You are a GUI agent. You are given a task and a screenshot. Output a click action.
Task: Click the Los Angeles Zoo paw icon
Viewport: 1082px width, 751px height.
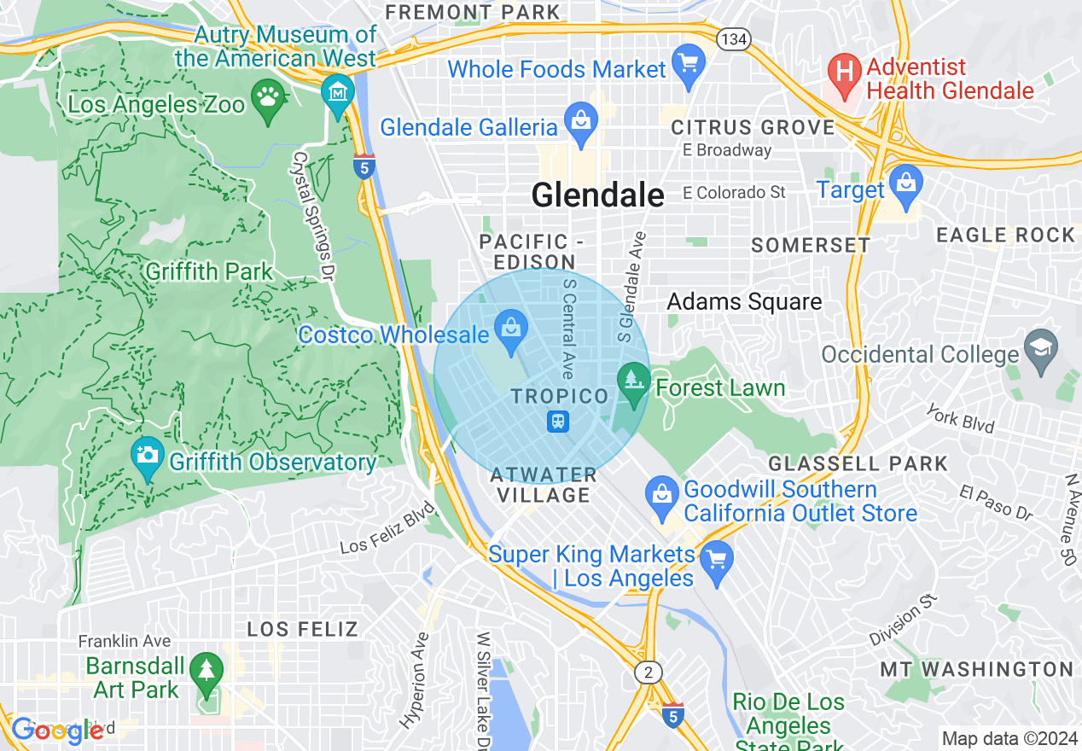[x=269, y=102]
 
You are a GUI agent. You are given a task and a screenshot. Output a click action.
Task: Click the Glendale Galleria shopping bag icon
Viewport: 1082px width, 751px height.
[x=581, y=123]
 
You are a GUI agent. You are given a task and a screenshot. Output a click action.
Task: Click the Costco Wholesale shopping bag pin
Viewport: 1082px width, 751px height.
[x=511, y=329]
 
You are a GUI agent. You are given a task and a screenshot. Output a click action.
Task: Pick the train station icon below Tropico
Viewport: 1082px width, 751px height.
[x=558, y=422]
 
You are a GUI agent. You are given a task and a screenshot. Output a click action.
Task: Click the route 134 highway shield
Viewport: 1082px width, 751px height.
[x=733, y=38]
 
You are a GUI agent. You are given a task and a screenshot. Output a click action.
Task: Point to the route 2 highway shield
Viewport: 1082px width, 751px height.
[x=649, y=672]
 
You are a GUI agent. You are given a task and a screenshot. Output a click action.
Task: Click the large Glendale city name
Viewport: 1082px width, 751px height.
[x=597, y=195]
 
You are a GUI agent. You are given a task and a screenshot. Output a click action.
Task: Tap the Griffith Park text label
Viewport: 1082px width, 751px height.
[x=209, y=272]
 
